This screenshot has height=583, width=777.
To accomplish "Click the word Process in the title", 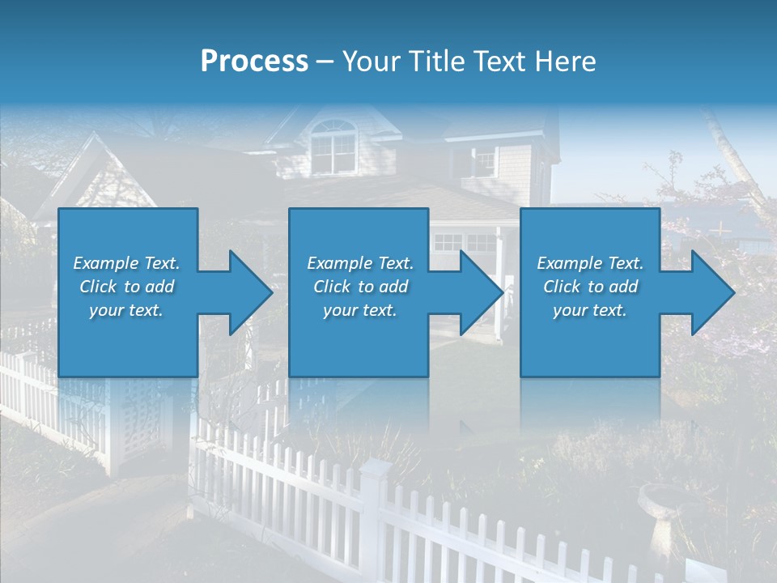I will (254, 62).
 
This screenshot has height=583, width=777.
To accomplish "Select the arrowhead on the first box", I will (247, 293).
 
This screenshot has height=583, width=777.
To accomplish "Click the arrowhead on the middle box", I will (479, 293).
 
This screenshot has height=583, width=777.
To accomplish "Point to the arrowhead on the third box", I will (711, 293).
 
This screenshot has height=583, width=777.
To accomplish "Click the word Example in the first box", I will (106, 263).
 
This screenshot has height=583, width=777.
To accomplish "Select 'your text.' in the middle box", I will (359, 310).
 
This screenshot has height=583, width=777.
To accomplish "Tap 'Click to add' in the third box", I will (590, 287).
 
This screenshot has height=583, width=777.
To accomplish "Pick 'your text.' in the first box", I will (126, 310).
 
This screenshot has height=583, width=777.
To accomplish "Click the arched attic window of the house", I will (333, 146).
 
